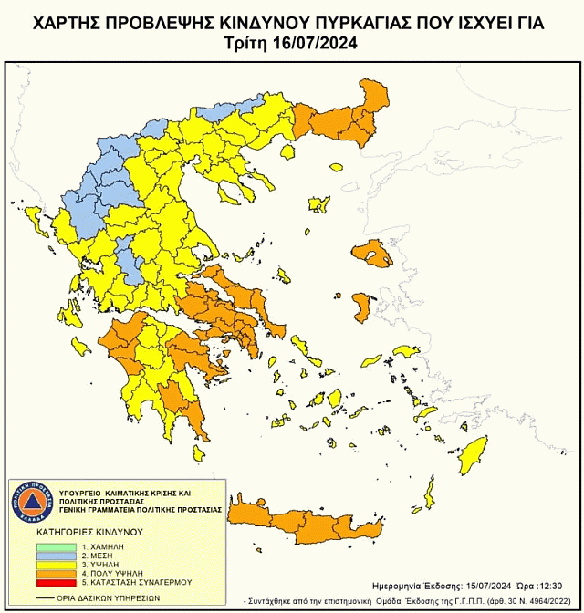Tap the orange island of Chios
(x=363, y=306)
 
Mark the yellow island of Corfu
(x=38, y=219)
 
